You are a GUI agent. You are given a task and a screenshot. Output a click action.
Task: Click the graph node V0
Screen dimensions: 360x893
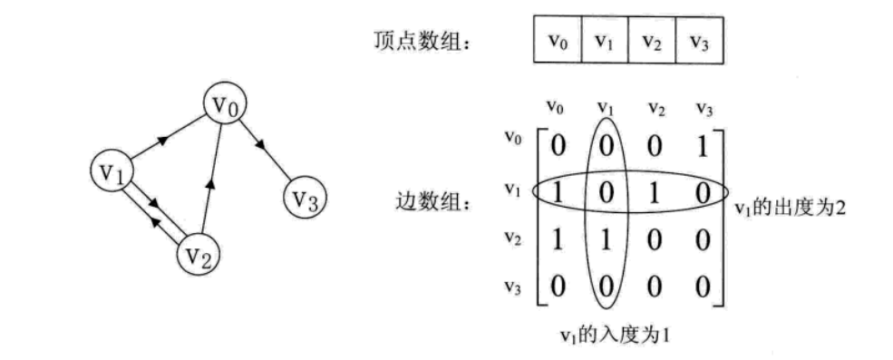(226, 106)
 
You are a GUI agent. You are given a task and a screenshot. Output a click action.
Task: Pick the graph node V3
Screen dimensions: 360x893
(306, 196)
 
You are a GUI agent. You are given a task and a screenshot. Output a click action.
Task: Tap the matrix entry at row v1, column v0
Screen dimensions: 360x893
(559, 191)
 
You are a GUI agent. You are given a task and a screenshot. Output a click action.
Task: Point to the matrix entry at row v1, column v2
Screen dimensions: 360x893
(655, 191)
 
